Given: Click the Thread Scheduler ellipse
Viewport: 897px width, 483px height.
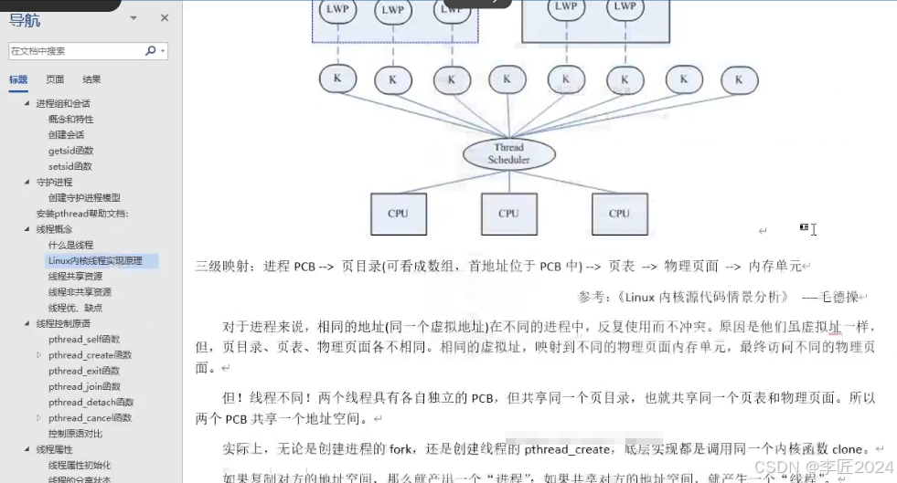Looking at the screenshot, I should pyautogui.click(x=508, y=153).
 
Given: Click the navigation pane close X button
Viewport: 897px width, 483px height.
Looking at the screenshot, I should pyautogui.click(x=165, y=18).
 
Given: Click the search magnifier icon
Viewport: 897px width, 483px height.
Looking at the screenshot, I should pyautogui.click(x=151, y=51).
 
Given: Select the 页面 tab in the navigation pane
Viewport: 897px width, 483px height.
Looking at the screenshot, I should pyautogui.click(x=55, y=79).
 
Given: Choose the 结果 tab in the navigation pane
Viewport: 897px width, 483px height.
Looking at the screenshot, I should pyautogui.click(x=91, y=79).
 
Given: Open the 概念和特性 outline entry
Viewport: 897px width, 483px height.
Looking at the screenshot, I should pyautogui.click(x=70, y=119).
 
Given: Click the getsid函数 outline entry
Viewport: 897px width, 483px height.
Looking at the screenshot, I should pyautogui.click(x=70, y=151).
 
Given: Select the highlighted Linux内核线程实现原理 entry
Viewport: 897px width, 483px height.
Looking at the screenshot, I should pyautogui.click(x=95, y=260).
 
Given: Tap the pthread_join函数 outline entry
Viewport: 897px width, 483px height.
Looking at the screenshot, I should pyautogui.click(x=84, y=386).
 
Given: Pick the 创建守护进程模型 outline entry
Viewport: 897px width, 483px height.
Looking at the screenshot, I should pyautogui.click(x=84, y=197).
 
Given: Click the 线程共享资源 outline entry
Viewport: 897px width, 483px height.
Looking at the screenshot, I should pyautogui.click(x=75, y=276).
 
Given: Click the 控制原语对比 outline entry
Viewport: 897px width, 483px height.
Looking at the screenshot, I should pyautogui.click(x=75, y=434).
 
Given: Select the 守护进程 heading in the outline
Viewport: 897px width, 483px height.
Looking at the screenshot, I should pyautogui.click(x=54, y=182).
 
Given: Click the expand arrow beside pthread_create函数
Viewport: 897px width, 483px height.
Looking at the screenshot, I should pyautogui.click(x=38, y=355).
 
